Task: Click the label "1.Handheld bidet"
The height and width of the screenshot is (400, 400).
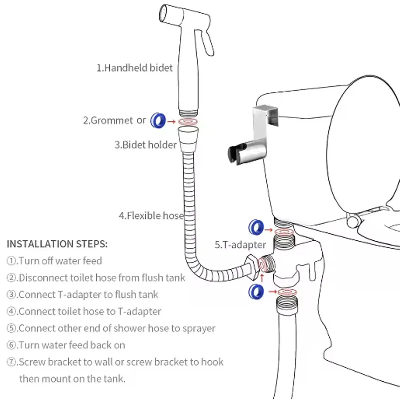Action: click(x=134, y=68)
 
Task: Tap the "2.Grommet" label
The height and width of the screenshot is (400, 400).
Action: click(x=108, y=120)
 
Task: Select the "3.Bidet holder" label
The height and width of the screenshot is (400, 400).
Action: click(x=145, y=145)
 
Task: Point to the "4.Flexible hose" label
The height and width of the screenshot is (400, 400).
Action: click(x=151, y=216)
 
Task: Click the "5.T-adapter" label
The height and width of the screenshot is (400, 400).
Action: click(x=240, y=245)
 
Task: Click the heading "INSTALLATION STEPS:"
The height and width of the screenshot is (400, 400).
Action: click(x=57, y=244)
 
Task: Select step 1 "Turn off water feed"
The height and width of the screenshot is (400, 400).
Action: click(x=54, y=261)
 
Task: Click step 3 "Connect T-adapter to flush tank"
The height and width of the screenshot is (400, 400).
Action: click(x=82, y=294)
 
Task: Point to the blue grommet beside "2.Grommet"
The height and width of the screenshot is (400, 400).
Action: click(x=158, y=120)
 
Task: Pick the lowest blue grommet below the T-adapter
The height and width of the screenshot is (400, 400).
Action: click(x=256, y=291)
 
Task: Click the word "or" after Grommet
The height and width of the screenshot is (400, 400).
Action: click(x=141, y=120)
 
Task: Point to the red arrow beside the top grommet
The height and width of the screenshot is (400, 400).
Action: click(x=171, y=121)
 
